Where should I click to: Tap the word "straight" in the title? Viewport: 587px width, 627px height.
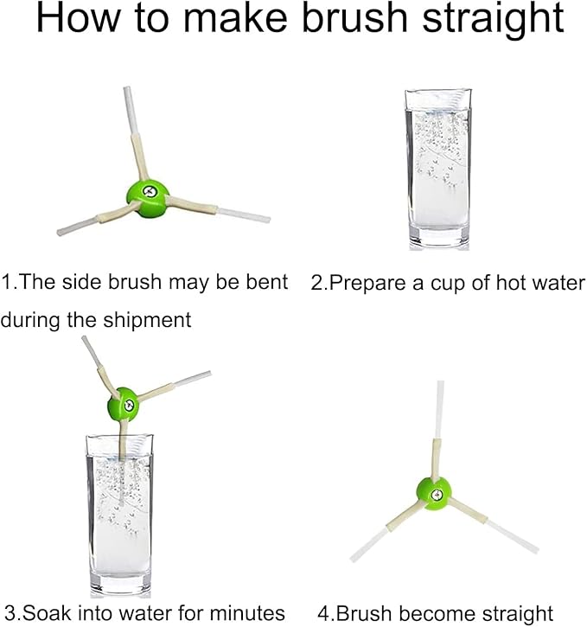coord(493,21)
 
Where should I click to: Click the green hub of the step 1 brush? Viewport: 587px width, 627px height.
coord(148,197)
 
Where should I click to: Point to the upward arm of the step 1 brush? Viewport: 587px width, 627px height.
coord(135,133)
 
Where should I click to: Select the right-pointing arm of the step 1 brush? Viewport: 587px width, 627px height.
coord(218,208)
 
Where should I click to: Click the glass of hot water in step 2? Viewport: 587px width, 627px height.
coord(438,170)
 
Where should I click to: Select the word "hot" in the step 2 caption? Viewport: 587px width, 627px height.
coord(513,283)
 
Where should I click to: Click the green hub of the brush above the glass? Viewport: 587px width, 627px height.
coord(124,404)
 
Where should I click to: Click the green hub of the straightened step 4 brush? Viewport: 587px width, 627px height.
coord(434,494)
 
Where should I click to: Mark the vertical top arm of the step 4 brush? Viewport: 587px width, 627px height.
coord(437,430)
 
